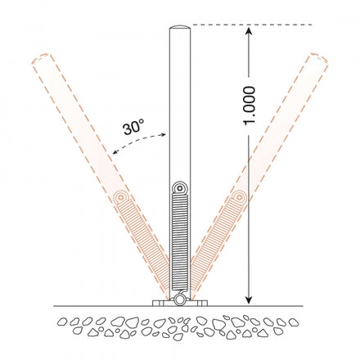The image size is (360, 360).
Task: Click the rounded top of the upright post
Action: click(179, 30)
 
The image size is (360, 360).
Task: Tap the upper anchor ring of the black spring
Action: click(180, 188)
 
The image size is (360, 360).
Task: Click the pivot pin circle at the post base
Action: click(179, 300)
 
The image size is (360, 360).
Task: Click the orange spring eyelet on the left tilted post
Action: click(122, 199)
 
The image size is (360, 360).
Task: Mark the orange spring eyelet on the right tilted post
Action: click(237, 199)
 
